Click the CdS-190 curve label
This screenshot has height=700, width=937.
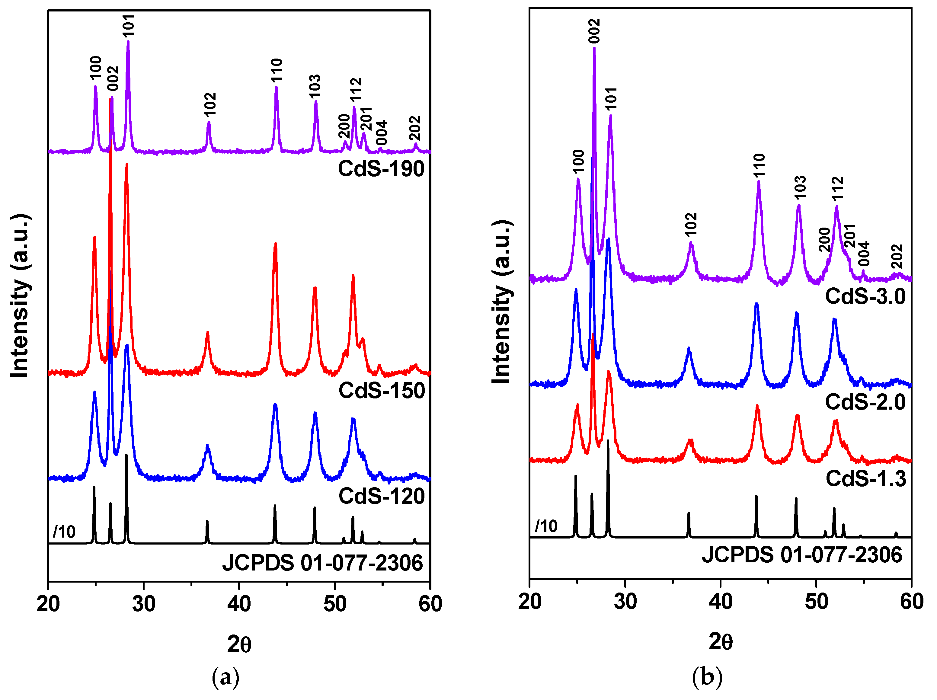coord(381,169)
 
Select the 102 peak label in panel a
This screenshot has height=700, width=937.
coord(210,104)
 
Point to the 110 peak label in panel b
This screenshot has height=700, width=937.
coord(759,165)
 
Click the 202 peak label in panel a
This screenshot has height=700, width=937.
coord(415,128)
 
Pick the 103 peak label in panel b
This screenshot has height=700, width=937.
coord(800,187)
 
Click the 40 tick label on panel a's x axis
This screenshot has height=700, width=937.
coord(239,603)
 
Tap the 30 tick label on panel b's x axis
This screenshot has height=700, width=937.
coord(625,601)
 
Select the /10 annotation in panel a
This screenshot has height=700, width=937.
coord(64,532)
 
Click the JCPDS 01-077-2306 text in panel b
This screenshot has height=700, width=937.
coord(802,555)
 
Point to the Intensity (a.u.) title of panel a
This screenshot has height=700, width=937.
coord(20,295)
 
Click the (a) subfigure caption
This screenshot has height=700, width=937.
coord(225,677)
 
